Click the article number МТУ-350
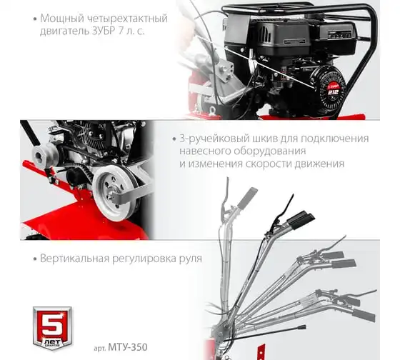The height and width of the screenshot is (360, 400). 128,347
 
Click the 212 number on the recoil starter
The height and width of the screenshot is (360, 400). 333,92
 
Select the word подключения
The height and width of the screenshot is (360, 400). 335,139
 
